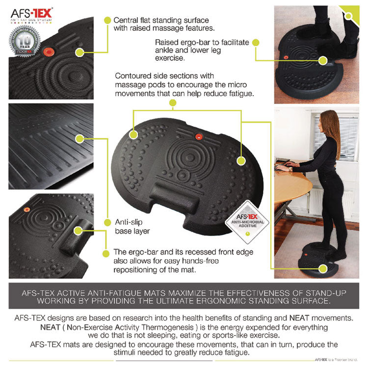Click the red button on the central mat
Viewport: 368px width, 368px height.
click(199, 135)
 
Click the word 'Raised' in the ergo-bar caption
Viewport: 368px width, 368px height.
click(166, 42)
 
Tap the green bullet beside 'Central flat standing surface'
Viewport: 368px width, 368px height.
click(106, 20)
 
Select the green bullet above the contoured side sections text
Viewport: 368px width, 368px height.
click(172, 103)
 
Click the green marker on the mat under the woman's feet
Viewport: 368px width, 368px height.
click(322, 268)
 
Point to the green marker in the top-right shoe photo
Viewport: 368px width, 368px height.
click(322, 60)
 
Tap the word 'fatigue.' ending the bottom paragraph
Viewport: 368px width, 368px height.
click(234, 353)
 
